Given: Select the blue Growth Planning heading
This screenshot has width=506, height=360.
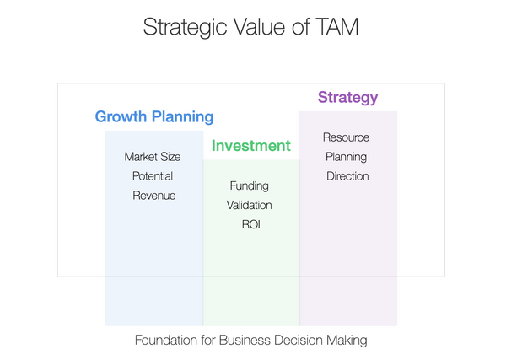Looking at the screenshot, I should point(154,117).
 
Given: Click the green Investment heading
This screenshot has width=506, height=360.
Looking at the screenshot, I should point(250,146).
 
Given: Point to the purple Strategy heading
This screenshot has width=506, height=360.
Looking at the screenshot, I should point(347,97).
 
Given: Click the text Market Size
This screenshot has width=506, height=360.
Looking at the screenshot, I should point(153,157).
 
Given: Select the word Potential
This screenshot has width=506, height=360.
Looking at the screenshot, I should point(153,176).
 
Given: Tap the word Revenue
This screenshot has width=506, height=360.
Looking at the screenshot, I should point(153,196).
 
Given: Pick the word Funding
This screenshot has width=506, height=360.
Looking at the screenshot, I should point(249,185).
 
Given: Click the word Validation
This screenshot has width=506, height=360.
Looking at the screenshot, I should point(249,205).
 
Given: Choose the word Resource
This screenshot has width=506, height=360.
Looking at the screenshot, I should point(346,137).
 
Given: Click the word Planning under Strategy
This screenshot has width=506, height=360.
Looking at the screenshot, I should point(346,157).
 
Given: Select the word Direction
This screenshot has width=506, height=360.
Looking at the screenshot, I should point(347,176).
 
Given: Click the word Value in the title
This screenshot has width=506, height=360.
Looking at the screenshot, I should point(256,27).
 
